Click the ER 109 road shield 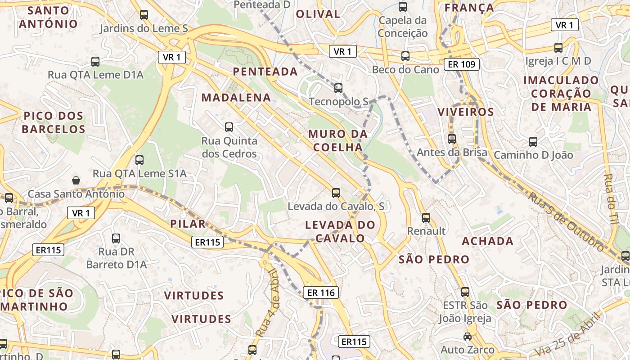point(462,64)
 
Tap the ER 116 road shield point(320,292)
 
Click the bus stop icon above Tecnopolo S point(338,88)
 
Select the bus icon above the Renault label point(426,218)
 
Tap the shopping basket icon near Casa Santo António point(76,180)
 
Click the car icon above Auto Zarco point(468,337)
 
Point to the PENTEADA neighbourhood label point(265,71)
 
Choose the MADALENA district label point(236,97)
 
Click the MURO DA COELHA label point(337,140)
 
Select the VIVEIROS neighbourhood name point(466,112)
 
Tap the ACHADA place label point(488,241)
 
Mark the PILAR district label point(188,224)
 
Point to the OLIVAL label point(318,13)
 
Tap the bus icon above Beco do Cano point(405,56)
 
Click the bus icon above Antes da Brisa point(452,139)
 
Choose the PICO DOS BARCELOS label point(54,122)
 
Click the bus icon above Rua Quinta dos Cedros point(229,127)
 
